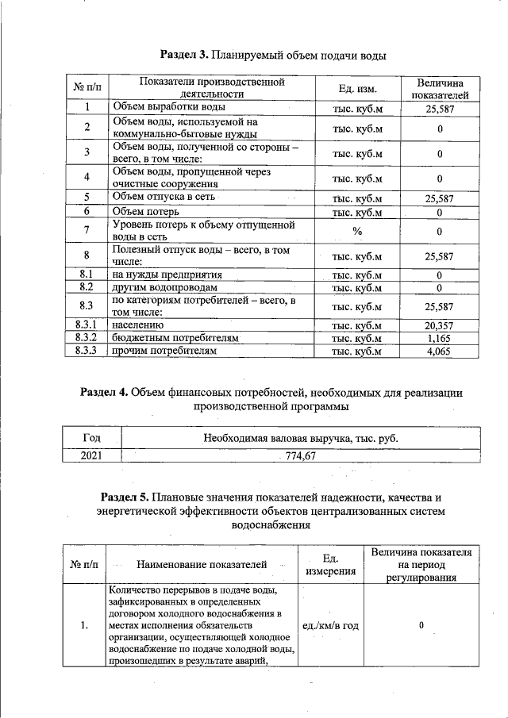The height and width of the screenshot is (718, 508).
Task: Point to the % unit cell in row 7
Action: coord(357,231)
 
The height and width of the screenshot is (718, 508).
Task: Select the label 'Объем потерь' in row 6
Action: coord(145,212)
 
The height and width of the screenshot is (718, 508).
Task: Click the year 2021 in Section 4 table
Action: coord(91,455)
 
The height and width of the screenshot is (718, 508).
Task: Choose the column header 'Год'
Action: coord(91,437)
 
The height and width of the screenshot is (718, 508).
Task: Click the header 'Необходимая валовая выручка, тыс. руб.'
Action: coord(300,437)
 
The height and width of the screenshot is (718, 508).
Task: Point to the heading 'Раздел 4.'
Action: coord(105,393)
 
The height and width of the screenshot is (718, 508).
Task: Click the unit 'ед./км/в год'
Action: coord(331,626)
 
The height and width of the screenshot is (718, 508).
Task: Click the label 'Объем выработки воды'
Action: coord(169,106)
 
